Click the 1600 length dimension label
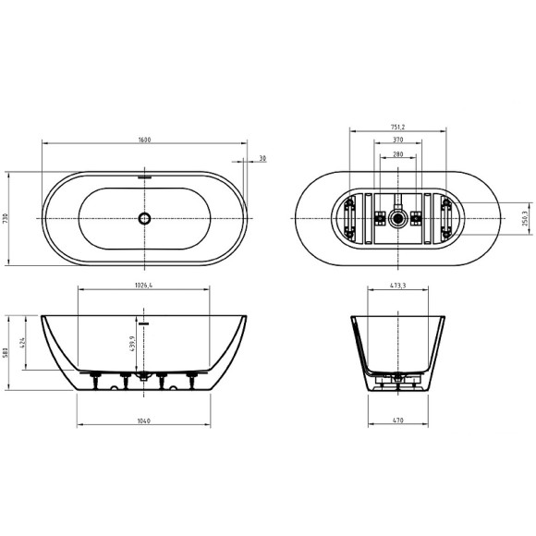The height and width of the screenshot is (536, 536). [x=145, y=140]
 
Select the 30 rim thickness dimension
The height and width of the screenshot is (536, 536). [x=263, y=158]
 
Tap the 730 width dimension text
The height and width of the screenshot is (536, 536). [x=6, y=218]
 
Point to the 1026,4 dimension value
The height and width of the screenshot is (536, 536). [x=143, y=286]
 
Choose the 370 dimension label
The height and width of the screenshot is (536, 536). [x=398, y=140]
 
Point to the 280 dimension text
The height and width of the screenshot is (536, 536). [x=398, y=154]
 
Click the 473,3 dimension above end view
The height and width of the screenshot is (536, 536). [x=398, y=286]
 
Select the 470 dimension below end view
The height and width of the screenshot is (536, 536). [x=398, y=421]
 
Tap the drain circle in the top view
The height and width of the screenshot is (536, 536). [x=143, y=219]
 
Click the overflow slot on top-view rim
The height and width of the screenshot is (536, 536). [x=143, y=173]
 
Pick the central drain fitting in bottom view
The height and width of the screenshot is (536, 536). [x=397, y=219]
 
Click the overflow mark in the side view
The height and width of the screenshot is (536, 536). [x=143, y=323]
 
